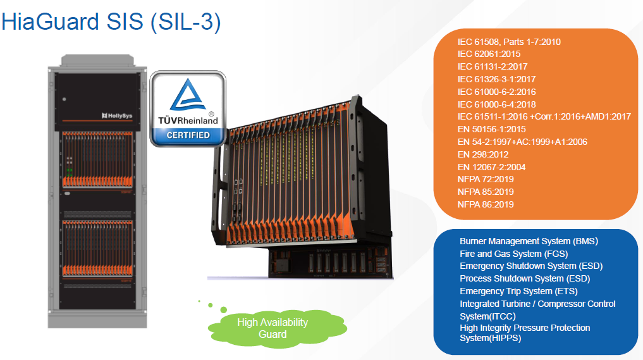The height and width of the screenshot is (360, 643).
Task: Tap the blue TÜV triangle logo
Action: click(x=188, y=97)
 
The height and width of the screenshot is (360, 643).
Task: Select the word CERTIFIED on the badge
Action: click(x=188, y=135)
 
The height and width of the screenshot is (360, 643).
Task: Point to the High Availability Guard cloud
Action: click(x=273, y=328)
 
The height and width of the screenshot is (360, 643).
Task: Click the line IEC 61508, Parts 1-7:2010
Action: click(x=509, y=42)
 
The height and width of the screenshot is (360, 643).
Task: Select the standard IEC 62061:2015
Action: click(x=489, y=54)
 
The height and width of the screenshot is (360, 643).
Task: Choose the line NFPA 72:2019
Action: click(x=486, y=179)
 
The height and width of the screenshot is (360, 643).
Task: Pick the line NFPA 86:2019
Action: click(x=486, y=204)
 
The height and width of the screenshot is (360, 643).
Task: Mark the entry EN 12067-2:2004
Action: click(x=491, y=167)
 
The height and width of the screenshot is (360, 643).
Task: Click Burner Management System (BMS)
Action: click(x=529, y=241)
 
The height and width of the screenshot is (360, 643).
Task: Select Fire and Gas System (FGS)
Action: click(x=509, y=254)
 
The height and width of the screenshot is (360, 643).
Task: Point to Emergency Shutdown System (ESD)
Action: click(x=527, y=266)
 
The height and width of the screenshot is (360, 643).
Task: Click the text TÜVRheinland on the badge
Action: click(x=188, y=120)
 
